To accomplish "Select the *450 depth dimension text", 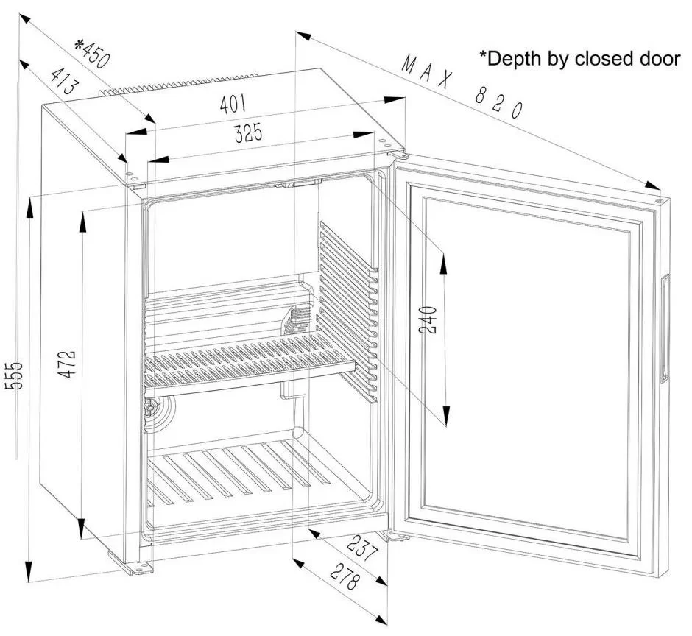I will click(x=92, y=53).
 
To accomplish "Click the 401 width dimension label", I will click(x=233, y=105).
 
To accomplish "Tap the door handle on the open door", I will click(x=665, y=328).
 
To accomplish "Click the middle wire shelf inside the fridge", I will click(x=250, y=361).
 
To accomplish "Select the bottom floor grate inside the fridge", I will click(x=243, y=475).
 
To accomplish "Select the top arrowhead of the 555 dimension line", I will click(x=29, y=205).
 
